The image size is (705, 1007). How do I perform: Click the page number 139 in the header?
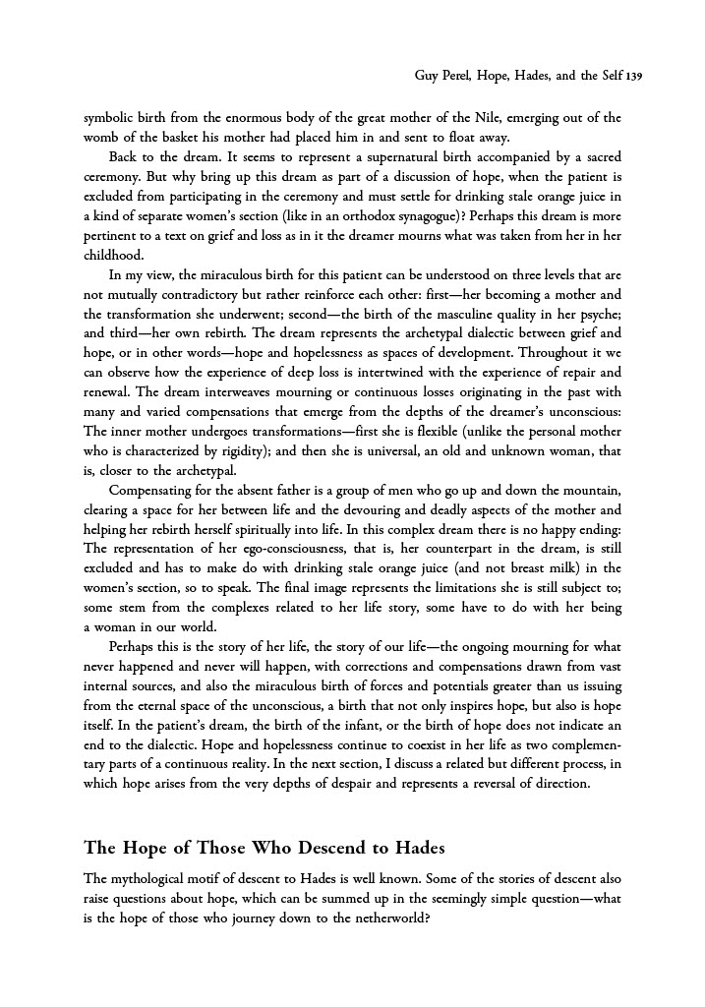pos(631,76)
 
